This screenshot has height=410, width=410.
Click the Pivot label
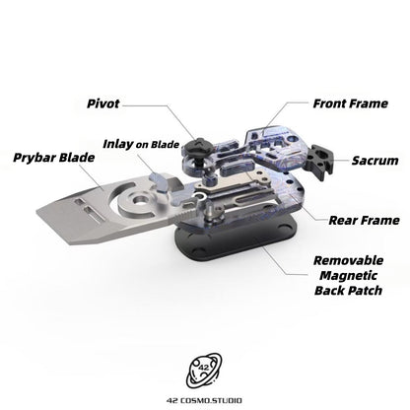[102, 103]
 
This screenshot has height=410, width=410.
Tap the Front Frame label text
[350, 103]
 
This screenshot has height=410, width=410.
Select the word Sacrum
[375, 161]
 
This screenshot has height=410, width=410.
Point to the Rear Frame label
[364, 220]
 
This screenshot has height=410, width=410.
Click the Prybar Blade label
[54, 158]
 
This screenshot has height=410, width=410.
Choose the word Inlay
[118, 144]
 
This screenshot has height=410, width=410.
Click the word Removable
[349, 260]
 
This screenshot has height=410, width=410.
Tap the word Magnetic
[348, 276]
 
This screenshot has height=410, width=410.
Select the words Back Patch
[348, 291]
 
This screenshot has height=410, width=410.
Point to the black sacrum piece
[319, 161]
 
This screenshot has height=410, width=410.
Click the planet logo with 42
[204, 370]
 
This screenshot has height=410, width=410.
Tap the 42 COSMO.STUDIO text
[204, 400]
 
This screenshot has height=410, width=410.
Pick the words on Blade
[158, 145]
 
